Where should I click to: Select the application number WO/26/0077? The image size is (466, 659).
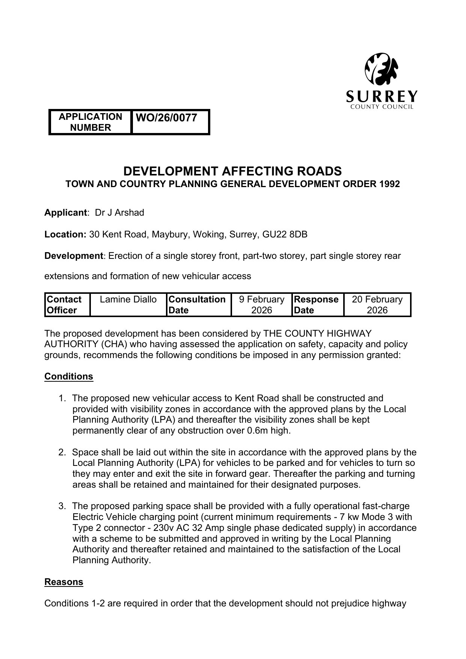[166, 118]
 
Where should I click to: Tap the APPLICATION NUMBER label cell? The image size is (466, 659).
[90, 122]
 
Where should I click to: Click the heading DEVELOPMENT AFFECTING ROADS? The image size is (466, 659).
[232, 171]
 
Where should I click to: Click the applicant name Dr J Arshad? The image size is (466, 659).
[119, 213]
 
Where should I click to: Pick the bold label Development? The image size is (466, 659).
[74, 256]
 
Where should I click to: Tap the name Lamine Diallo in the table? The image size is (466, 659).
[128, 299]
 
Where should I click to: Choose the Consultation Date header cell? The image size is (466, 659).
[198, 305]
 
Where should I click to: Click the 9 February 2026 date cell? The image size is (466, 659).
[262, 305]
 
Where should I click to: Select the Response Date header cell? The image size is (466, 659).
[317, 305]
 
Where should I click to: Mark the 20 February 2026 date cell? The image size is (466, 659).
[377, 305]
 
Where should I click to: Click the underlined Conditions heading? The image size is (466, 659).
[69, 376]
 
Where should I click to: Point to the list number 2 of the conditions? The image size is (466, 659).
[62, 452]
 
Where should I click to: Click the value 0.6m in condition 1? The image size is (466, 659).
[257, 431]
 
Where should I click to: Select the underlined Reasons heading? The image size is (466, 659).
[64, 582]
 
